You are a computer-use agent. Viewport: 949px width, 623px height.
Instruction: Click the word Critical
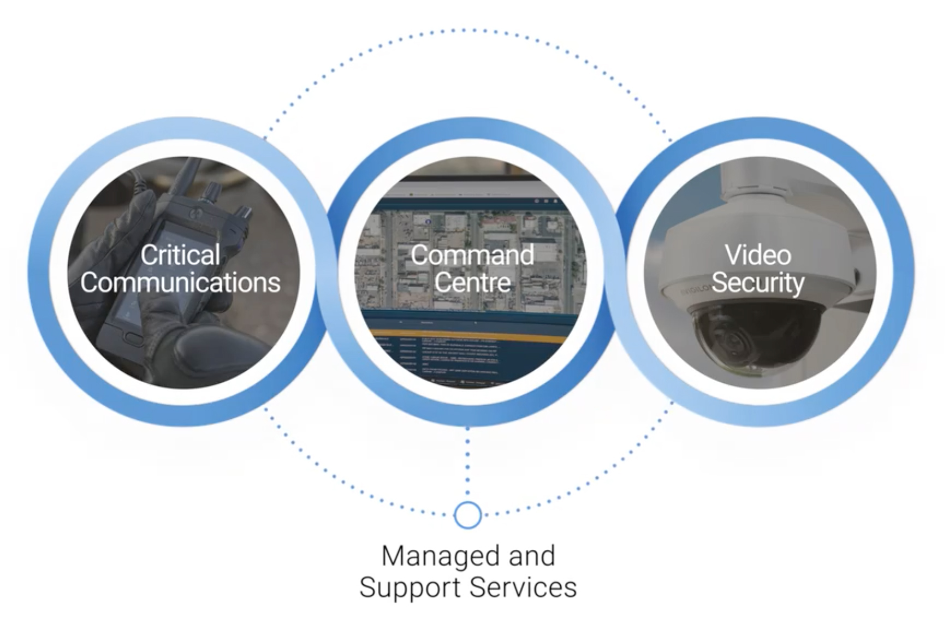point(180,255)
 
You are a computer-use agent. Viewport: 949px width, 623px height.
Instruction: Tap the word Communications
point(180,282)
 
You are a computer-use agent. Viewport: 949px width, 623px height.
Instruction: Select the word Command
point(472,255)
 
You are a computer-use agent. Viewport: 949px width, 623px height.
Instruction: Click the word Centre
point(472,282)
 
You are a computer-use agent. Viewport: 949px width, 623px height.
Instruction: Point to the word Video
point(757,255)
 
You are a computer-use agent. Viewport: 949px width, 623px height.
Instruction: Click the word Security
point(757,282)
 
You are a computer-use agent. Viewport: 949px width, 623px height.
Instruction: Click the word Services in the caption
point(523,588)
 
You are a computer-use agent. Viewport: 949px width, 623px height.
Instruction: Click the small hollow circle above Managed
point(467,515)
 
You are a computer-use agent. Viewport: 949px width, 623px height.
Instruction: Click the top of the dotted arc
point(467,30)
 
